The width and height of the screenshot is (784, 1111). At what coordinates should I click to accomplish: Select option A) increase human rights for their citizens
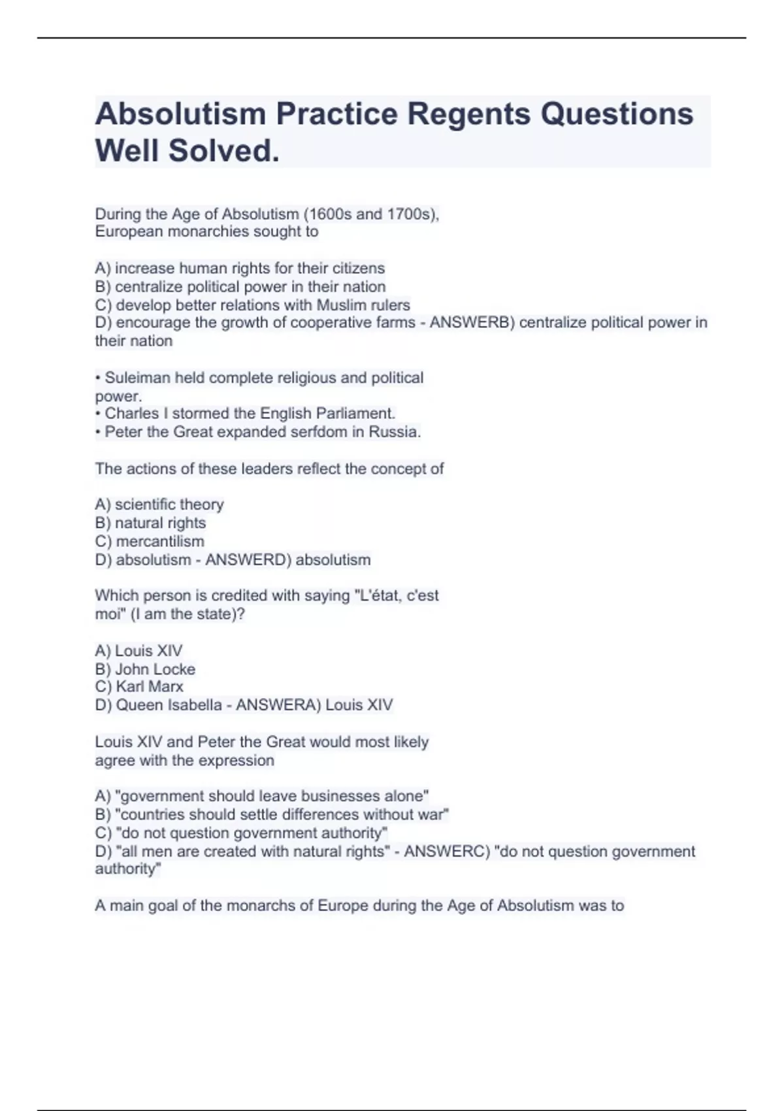pyautogui.click(x=240, y=268)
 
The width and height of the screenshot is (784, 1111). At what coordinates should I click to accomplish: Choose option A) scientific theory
pyautogui.click(x=159, y=505)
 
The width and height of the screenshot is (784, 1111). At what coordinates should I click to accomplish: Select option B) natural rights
pyautogui.click(x=150, y=523)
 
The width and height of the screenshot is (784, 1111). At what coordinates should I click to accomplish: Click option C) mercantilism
pyautogui.click(x=150, y=541)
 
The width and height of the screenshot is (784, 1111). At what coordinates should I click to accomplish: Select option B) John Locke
pyautogui.click(x=145, y=669)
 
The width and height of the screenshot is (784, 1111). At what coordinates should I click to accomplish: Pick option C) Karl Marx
pyautogui.click(x=139, y=687)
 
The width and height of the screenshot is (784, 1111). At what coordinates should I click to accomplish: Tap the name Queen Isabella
pyautogui.click(x=169, y=705)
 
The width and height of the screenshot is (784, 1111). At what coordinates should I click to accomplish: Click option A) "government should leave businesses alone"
pyautogui.click(x=262, y=796)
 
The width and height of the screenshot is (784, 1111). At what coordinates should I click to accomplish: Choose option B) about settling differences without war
pyautogui.click(x=272, y=814)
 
